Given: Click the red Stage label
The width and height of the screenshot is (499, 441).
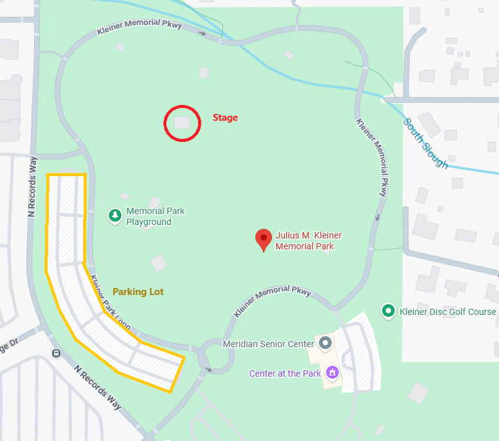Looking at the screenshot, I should click(x=225, y=118).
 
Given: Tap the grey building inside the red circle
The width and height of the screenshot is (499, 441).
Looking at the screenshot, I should click(x=183, y=122).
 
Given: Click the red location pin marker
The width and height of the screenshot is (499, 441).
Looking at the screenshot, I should click(x=263, y=239).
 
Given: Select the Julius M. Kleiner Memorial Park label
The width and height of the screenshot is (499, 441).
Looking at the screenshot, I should click(x=305, y=240).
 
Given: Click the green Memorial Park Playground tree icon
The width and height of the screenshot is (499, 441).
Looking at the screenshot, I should click(x=115, y=215).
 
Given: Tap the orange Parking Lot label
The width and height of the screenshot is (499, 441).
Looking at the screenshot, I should click(x=138, y=291).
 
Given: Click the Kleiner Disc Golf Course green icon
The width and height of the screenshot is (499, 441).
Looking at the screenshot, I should click(x=388, y=311).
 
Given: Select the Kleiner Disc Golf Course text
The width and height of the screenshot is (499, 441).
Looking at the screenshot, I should click(x=448, y=312).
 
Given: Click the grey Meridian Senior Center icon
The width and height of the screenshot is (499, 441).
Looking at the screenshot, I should click(x=325, y=343).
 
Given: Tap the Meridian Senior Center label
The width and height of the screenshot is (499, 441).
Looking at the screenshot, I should click(x=268, y=344).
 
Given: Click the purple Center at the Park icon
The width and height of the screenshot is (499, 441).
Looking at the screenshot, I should click(x=332, y=372).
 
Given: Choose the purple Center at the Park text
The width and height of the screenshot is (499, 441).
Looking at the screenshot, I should click(x=285, y=373).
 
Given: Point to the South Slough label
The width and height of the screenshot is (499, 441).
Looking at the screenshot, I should click(x=426, y=143).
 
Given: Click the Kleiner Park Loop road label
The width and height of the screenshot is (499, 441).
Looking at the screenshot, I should click(x=111, y=303).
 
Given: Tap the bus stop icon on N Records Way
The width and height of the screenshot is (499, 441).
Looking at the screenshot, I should click(x=57, y=353).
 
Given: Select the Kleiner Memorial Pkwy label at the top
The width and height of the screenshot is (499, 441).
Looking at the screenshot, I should click(x=140, y=28).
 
